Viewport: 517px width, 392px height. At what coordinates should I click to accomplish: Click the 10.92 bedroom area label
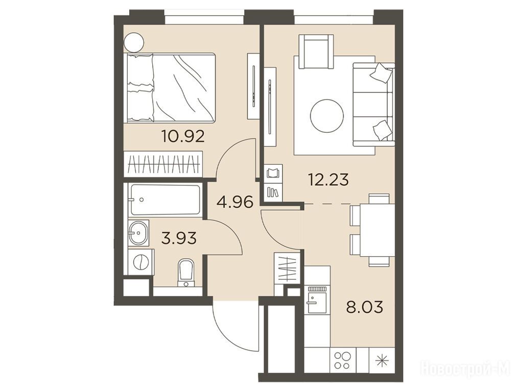point(183,136)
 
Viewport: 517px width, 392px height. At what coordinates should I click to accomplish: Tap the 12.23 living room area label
point(328,180)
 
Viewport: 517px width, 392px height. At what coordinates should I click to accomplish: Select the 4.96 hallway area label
point(235,202)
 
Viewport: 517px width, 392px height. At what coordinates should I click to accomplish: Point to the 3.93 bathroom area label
point(179,237)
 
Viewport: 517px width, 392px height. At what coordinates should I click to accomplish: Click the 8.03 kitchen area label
point(364,307)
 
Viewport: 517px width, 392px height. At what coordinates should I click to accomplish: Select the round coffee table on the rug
point(327,116)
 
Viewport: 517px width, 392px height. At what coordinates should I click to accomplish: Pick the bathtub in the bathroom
point(165,200)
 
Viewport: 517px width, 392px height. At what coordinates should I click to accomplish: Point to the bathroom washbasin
point(138,233)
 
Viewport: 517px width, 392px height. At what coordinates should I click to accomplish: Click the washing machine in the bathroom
point(141,262)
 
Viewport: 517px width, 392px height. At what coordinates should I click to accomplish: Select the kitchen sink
point(317,300)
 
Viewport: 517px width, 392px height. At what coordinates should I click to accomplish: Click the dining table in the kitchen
point(377,230)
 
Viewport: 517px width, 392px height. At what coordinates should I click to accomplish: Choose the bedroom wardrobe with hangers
point(163,164)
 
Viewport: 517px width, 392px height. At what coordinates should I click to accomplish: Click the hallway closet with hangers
point(287,267)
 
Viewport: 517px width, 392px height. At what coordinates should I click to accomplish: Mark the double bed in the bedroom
point(170,88)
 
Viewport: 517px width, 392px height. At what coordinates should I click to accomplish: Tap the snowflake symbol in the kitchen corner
point(383,361)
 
